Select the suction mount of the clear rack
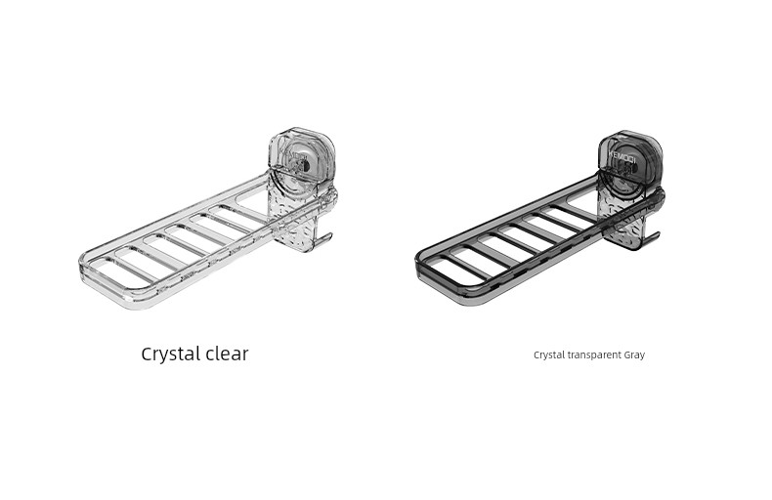tap(301, 158)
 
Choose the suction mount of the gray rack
tap(630, 158)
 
